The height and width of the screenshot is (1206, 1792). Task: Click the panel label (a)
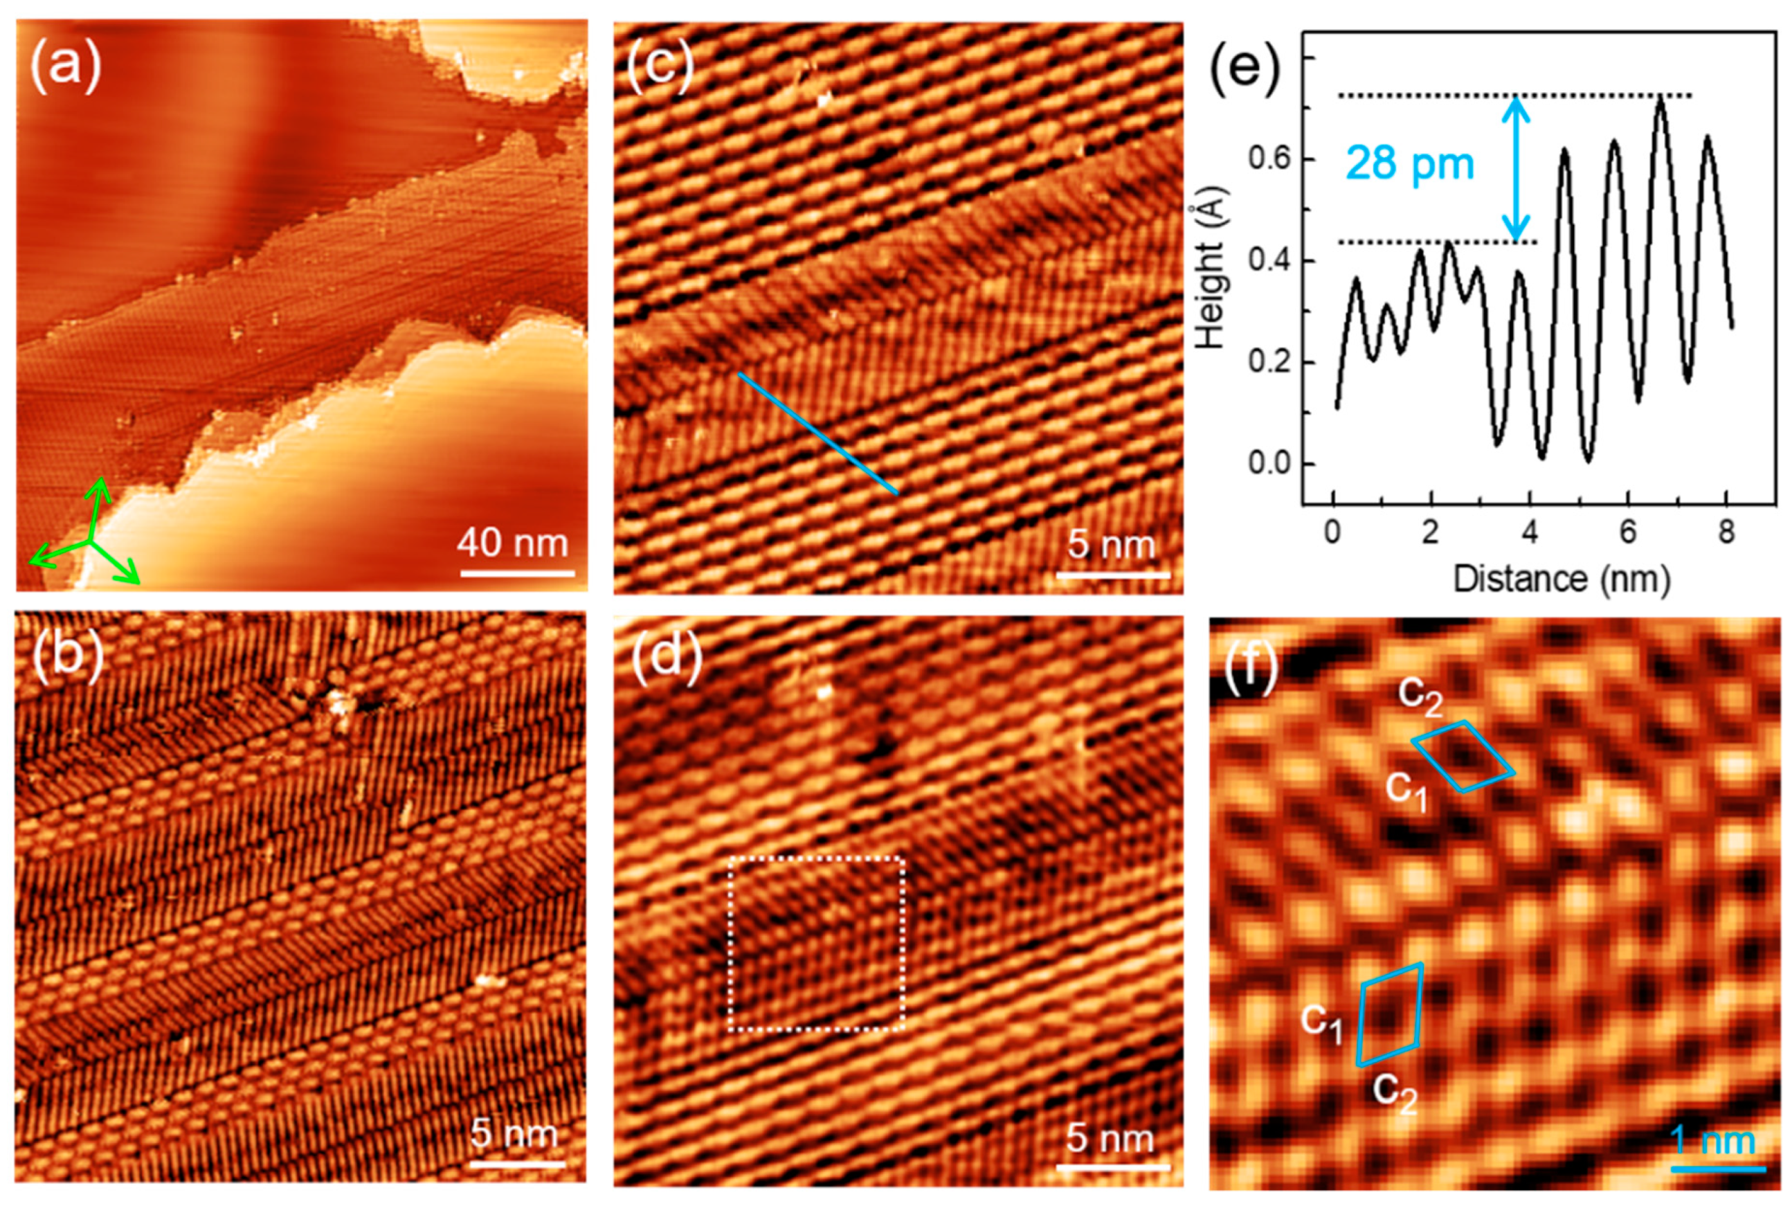(x=65, y=64)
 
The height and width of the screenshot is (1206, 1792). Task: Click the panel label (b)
(x=68, y=658)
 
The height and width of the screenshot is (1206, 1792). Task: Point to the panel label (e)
(x=1245, y=68)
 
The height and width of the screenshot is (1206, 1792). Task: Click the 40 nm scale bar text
(x=513, y=543)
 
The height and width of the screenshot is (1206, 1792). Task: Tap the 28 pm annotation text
(x=1410, y=164)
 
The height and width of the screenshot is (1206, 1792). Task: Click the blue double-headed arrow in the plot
(x=1515, y=169)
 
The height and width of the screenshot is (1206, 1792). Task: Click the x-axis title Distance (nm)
(x=1562, y=578)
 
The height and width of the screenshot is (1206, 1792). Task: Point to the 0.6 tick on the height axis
(x=1269, y=159)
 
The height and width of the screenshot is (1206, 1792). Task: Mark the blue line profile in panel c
(x=817, y=433)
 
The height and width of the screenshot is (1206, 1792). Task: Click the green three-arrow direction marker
(x=90, y=541)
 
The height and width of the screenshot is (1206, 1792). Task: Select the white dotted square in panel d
(x=815, y=943)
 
